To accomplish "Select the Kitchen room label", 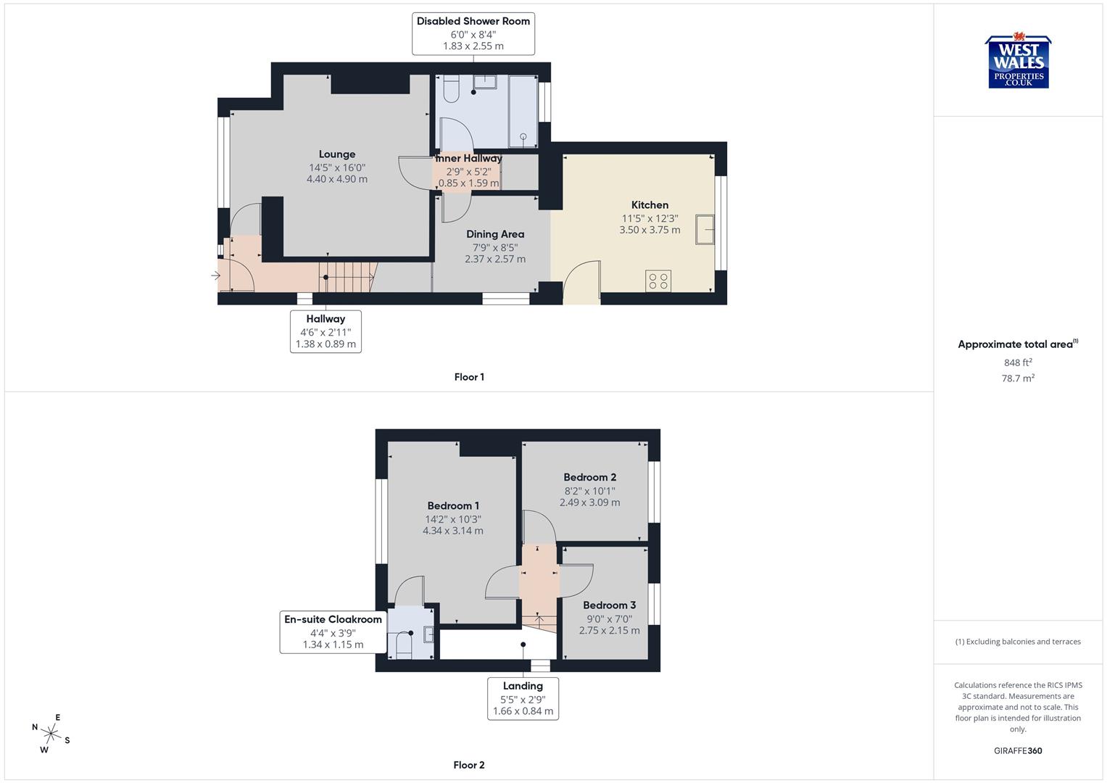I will point(650,205).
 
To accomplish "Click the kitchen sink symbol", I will point(705,229).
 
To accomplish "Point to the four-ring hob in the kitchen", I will point(658,281).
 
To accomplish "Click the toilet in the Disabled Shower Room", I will point(450,90).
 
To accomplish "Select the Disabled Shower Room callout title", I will point(473,21).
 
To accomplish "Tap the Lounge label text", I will point(337,154).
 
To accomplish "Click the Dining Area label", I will point(495,234).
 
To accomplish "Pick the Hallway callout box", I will point(326,331).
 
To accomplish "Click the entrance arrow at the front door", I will point(215,275).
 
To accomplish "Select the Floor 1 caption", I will point(469,377).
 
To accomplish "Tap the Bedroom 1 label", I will point(453,506).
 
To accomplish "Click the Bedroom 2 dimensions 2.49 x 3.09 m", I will point(589,502).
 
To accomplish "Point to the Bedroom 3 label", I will point(609,605).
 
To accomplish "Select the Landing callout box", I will point(523,698).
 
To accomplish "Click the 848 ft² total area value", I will point(1018,362).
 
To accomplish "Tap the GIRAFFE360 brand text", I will point(1018,750).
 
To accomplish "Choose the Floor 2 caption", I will point(469,765).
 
